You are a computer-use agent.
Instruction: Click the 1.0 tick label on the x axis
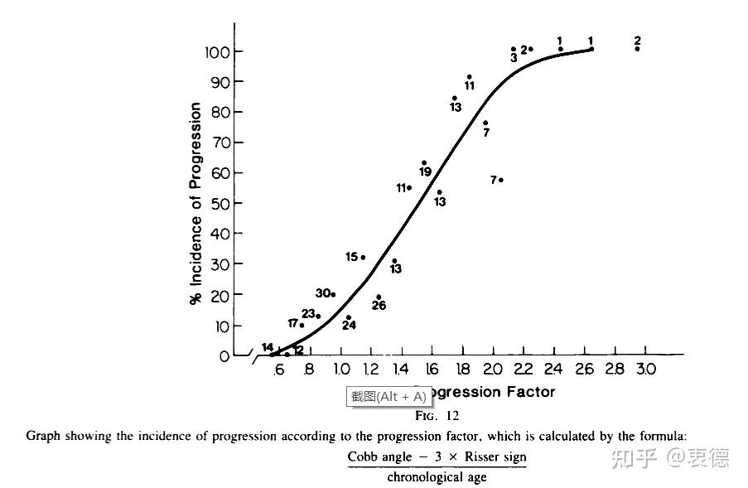pyautogui.click(x=340, y=370)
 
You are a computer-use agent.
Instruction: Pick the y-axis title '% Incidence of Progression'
pyautogui.click(x=196, y=204)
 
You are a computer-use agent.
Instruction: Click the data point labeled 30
pyautogui.click(x=333, y=294)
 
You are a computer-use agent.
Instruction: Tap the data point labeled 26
pyautogui.click(x=379, y=297)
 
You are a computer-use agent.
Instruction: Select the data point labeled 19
pyautogui.click(x=424, y=163)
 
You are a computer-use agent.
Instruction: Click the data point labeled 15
pyautogui.click(x=363, y=258)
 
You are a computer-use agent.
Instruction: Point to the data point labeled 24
pyautogui.click(x=349, y=317)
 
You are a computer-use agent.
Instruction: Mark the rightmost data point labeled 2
pyautogui.click(x=637, y=49)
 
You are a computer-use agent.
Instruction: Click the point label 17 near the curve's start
pyautogui.click(x=292, y=323)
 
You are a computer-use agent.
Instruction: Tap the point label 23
pyautogui.click(x=308, y=314)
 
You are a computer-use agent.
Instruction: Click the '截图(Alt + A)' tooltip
pyautogui.click(x=388, y=396)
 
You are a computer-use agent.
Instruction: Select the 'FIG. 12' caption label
pyautogui.click(x=437, y=416)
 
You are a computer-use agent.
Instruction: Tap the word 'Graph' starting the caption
pyautogui.click(x=44, y=435)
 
